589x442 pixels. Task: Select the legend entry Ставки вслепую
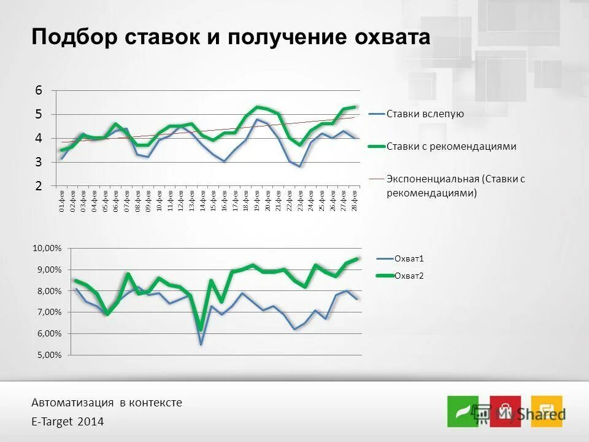pos(425,114)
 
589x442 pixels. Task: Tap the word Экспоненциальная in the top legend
pos(432,179)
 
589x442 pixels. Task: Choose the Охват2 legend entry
pos(410,276)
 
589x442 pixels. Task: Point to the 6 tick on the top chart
pos(39,90)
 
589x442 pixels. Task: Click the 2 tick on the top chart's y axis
pos(39,186)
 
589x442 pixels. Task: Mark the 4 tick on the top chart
pos(39,138)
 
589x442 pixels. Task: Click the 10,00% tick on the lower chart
pos(47,248)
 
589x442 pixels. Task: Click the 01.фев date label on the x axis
pos(61,201)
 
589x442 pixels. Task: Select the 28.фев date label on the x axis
pos(355,201)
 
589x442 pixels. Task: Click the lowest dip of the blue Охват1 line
pos(201,344)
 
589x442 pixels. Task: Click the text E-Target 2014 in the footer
pos(67,422)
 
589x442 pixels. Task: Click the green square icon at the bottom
pos(462,411)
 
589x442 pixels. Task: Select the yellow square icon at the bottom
pos(546,411)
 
